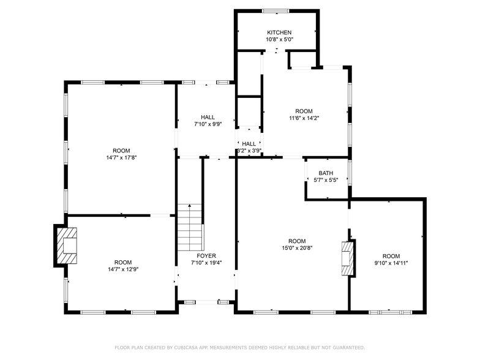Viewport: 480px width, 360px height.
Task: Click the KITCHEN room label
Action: tap(279, 32)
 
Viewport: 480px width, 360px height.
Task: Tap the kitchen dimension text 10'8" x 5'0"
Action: tap(279, 40)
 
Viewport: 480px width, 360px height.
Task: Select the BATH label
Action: tap(326, 173)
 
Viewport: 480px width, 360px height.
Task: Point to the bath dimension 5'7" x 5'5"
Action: tap(326, 181)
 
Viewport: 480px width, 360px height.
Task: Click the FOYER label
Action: tap(206, 255)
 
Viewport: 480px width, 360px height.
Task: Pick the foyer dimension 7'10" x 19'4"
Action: tap(206, 263)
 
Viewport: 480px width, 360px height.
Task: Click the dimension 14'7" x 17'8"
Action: tap(121, 158)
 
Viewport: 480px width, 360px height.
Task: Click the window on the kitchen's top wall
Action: tap(276, 10)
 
